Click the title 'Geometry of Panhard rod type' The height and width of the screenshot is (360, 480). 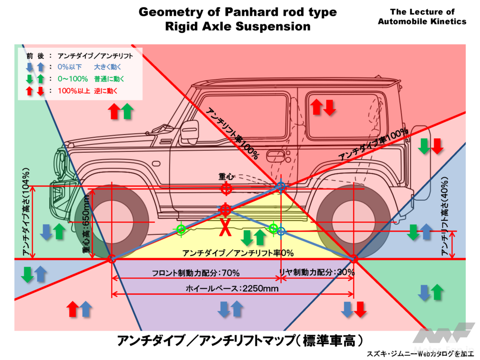click(x=238, y=12)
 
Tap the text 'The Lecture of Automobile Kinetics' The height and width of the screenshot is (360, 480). click(x=422, y=16)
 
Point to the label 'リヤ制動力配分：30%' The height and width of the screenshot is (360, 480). click(x=317, y=272)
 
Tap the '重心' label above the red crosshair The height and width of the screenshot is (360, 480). click(x=225, y=178)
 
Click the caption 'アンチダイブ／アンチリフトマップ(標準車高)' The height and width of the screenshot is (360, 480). click(x=240, y=340)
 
